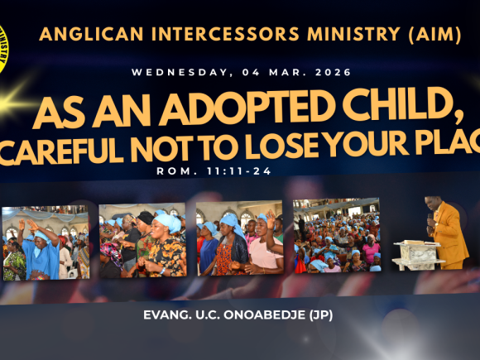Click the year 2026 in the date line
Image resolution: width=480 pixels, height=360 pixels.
331,73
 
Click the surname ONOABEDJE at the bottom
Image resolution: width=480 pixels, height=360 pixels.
266,315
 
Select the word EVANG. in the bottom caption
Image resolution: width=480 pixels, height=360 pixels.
168,315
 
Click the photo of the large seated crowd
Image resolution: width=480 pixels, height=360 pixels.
337,235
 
